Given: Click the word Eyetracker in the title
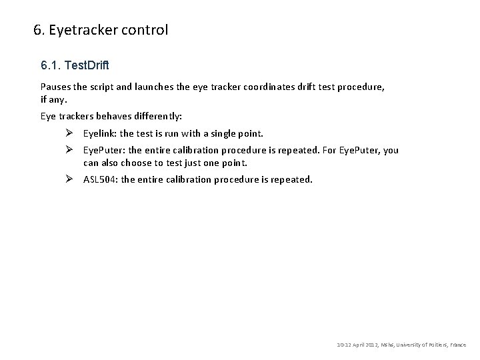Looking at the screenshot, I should pyautogui.click(x=79, y=30).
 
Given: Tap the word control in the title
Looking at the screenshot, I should pyautogui.click(x=145, y=30).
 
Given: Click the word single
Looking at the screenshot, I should pyautogui.click(x=221, y=134).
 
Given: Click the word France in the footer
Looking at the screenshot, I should pyautogui.click(x=459, y=345).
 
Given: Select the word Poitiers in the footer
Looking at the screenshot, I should pyautogui.click(x=435, y=345).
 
